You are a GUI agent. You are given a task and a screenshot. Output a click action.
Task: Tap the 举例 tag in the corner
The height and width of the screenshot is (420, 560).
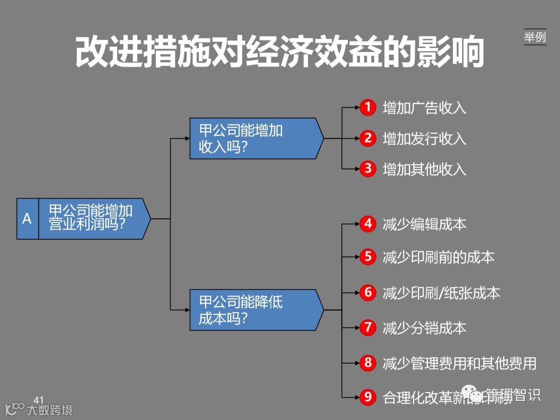535,37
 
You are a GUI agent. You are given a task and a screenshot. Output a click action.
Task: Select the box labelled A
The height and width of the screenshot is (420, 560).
27,218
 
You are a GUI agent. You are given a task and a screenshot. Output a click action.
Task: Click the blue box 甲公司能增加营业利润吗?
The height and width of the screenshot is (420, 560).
93,218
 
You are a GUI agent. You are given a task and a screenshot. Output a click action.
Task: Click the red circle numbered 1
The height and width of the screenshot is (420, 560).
368,107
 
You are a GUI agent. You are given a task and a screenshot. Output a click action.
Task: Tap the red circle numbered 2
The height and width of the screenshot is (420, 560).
368,138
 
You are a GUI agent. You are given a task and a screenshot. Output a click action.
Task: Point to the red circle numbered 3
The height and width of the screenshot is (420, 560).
368,169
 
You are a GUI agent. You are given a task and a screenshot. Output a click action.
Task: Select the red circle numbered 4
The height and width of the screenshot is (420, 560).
368,223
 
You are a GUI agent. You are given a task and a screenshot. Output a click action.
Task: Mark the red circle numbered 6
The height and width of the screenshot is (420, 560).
368,292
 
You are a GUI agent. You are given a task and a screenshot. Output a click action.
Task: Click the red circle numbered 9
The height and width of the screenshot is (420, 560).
368,397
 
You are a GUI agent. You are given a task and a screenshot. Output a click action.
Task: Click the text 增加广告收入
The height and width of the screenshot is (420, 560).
424,108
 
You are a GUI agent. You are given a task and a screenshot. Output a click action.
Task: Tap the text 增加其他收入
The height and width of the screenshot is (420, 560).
424,169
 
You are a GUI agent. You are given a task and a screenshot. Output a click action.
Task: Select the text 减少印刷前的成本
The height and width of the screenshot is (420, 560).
438,257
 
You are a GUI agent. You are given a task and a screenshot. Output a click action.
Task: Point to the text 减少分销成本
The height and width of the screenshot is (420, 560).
424,328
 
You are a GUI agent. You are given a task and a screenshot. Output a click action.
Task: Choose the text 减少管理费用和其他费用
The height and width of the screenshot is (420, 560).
459,363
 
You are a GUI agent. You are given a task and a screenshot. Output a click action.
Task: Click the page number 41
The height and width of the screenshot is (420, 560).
38,400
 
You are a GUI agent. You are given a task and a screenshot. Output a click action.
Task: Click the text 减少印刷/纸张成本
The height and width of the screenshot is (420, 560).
441,293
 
